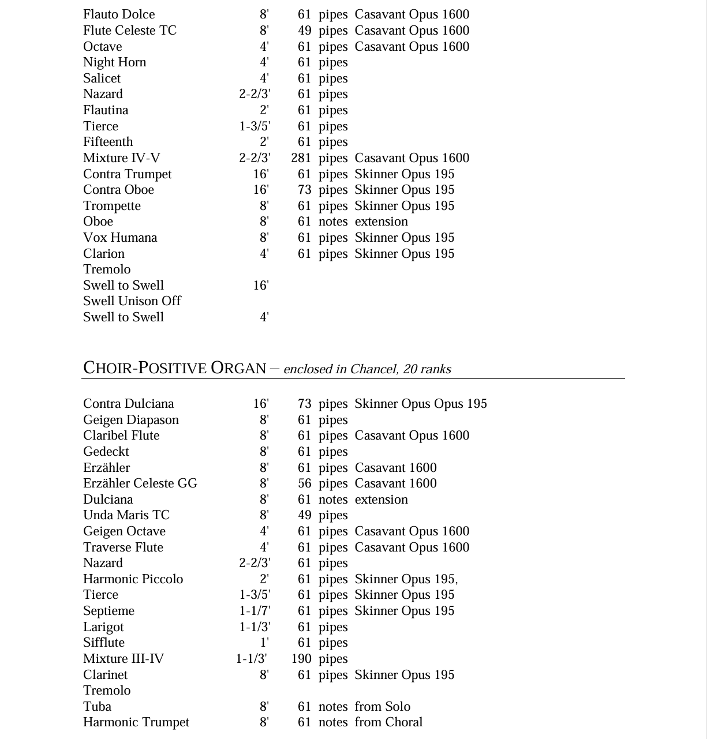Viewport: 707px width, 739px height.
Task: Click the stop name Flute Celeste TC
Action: coord(129,31)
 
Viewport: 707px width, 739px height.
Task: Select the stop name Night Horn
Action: coord(114,62)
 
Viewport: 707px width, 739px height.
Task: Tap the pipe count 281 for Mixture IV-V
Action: coord(301,158)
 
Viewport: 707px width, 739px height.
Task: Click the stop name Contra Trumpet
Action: coord(127,174)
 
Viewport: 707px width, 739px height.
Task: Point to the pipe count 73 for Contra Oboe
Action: coord(304,190)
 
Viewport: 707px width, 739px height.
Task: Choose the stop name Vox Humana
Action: coord(119,238)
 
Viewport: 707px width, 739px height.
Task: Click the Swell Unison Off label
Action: coord(132,301)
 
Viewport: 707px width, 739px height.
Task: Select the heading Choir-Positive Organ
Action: coord(174,368)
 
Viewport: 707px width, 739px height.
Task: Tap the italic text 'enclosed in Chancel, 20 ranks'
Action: coord(367,369)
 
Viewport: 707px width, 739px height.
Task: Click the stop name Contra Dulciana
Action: coord(128,404)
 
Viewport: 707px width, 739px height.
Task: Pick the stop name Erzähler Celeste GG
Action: coord(140,483)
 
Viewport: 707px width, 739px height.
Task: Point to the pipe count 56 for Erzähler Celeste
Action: coord(304,483)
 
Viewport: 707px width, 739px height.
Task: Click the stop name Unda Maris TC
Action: coord(126,515)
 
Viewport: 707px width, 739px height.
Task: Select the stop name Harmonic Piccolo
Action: coord(133,579)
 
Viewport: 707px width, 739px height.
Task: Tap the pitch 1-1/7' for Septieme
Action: coord(255,611)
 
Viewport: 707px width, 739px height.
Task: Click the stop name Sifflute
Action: coord(103,643)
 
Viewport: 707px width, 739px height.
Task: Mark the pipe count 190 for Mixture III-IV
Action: coord(301,659)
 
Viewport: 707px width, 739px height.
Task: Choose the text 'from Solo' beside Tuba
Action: coord(382,707)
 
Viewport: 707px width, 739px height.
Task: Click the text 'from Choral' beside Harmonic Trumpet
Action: coord(388,722)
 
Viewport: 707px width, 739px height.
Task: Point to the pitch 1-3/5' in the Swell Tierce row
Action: coord(255,126)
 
